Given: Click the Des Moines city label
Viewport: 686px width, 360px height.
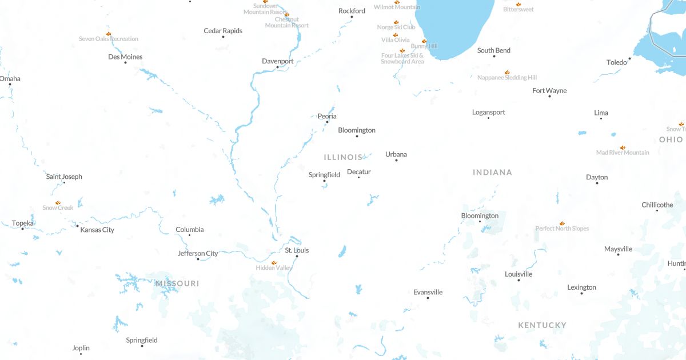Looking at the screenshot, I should [x=125, y=57].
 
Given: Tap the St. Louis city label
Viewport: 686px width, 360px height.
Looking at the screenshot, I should [x=297, y=250].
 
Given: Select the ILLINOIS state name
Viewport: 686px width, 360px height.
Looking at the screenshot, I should [x=343, y=157].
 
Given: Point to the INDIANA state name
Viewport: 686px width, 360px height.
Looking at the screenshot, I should [x=492, y=172].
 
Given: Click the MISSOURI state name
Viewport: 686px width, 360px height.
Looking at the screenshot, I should [x=177, y=283].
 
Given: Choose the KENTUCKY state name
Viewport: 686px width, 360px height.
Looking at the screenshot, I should [x=542, y=325].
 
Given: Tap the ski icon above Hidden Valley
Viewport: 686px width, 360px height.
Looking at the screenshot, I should [x=274, y=263].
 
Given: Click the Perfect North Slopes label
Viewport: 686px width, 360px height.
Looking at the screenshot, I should [x=562, y=229].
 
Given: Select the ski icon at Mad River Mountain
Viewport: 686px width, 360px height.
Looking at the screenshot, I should [x=623, y=147].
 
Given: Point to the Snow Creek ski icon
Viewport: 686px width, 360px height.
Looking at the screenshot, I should [x=58, y=203].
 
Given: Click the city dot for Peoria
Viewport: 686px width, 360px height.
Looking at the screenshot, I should [x=327, y=122].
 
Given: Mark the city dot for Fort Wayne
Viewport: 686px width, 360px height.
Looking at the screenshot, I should [x=549, y=97].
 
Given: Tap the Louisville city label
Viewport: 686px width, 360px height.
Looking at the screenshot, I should [x=519, y=274].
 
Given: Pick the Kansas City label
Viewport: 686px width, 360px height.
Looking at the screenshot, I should [x=97, y=230].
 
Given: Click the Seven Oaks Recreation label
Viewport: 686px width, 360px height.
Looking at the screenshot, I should [x=109, y=39].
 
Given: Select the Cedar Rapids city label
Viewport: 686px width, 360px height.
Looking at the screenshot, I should [x=223, y=31].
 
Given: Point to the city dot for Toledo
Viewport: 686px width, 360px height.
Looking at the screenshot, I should [x=629, y=58].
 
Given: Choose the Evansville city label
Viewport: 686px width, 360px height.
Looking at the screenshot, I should [x=428, y=292].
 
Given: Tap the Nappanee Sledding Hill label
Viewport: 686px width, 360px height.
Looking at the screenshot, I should [x=507, y=78].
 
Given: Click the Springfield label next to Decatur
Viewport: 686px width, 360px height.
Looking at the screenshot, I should [x=324, y=175].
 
